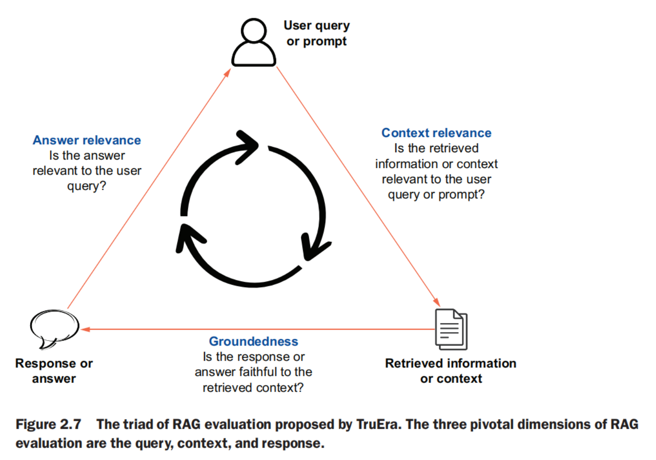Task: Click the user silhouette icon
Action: [x=254, y=44]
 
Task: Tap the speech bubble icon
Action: [x=54, y=327]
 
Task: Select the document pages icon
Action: [x=451, y=329]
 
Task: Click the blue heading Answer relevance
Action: [x=87, y=140]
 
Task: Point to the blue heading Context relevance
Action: [x=436, y=133]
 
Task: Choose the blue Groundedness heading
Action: [x=253, y=341]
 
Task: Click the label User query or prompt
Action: [x=317, y=33]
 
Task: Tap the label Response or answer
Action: [x=54, y=371]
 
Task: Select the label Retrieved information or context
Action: [x=451, y=371]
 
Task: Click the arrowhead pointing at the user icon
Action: [x=227, y=72]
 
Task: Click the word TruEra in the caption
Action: [x=378, y=424]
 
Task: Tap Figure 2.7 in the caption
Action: [x=48, y=424]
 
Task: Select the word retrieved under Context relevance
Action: [x=456, y=148]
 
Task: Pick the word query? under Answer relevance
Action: [x=87, y=186]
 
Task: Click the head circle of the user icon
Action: [x=254, y=31]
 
